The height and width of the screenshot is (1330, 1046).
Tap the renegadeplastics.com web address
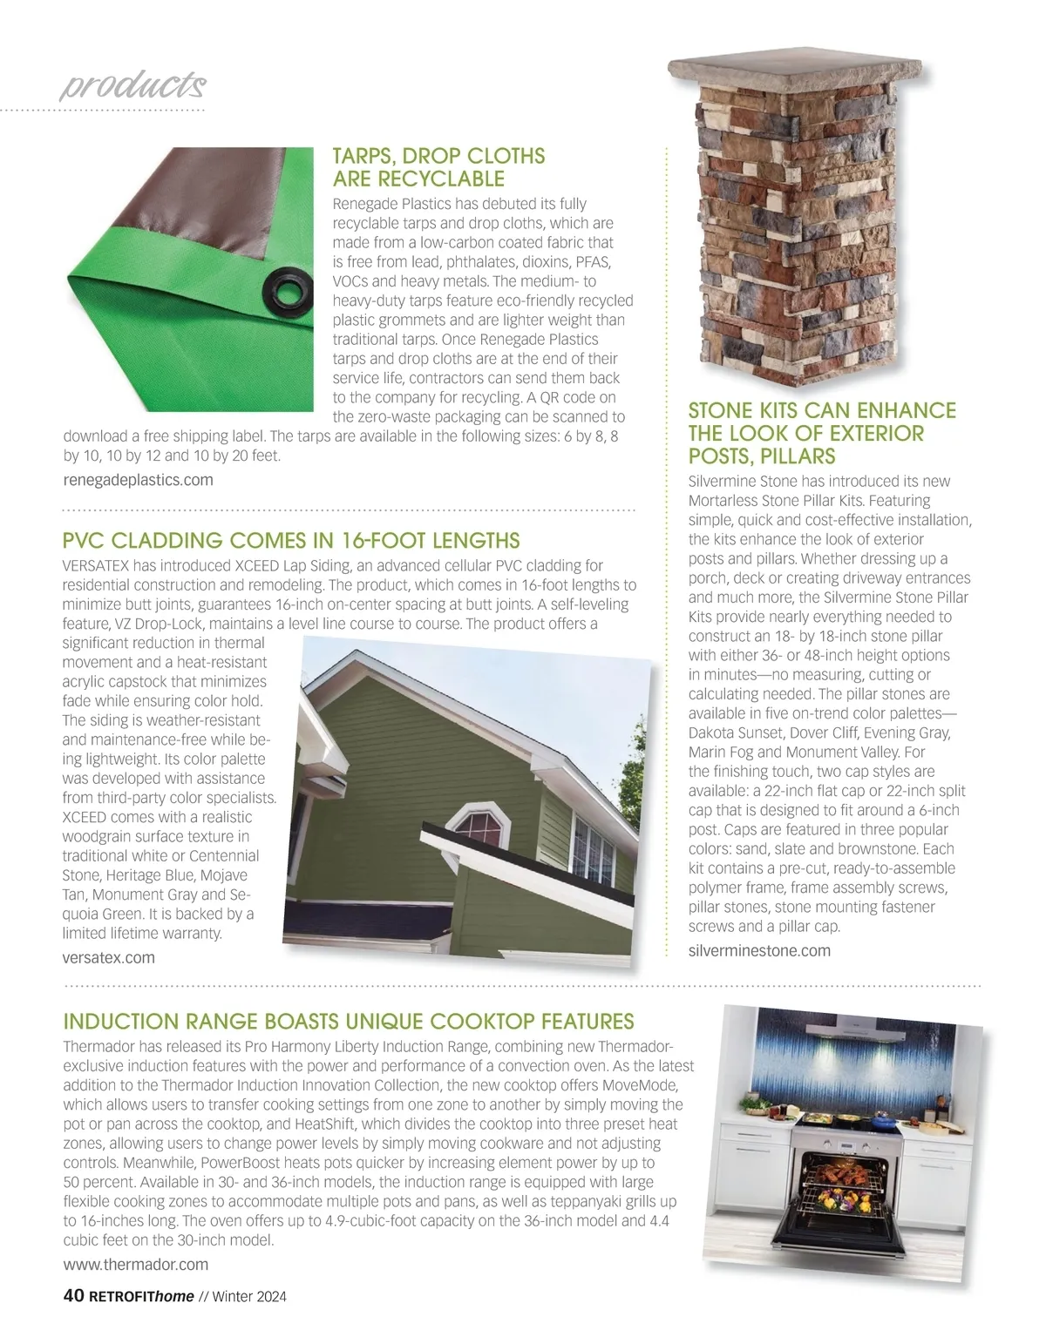point(138,480)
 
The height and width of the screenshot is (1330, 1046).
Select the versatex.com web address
point(109,958)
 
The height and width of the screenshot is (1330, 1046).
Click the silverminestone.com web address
point(759,950)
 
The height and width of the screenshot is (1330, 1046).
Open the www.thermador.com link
point(136,1264)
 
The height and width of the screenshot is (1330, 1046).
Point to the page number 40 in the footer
point(73,1296)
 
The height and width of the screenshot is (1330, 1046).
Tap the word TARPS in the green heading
point(368,157)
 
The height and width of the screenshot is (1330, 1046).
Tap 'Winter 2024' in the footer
point(250,1297)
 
